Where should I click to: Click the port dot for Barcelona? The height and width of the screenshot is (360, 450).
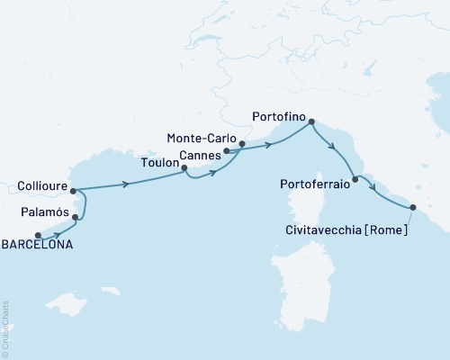pos(38,236)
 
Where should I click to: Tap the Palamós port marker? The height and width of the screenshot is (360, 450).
pos(76,218)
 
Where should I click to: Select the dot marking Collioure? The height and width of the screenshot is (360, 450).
pos(72,191)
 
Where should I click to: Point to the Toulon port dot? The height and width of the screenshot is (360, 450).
pos(184,167)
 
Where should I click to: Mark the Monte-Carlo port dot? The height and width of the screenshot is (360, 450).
pos(242,143)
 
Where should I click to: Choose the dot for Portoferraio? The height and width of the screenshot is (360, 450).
pos(355,180)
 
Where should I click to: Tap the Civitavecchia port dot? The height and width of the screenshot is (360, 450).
pos(413,208)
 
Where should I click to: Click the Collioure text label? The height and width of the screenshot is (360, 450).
pos(40,188)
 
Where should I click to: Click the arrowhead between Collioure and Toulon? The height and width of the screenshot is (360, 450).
pos(126,184)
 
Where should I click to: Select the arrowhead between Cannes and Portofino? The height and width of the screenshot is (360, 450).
pos(269,145)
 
